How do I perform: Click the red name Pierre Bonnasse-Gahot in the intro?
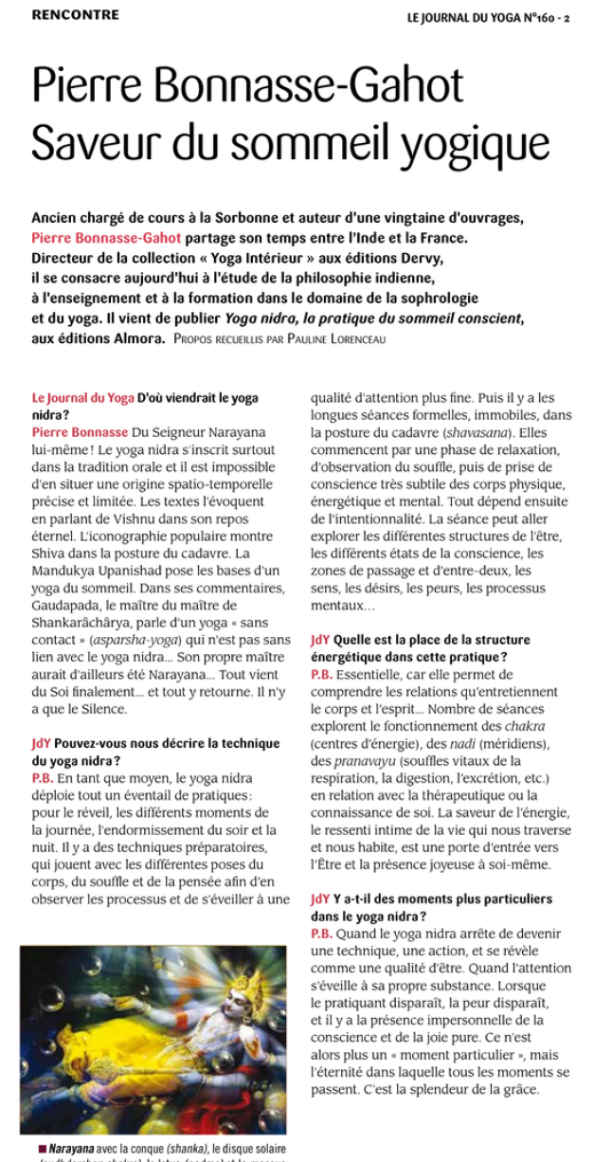[x=106, y=238]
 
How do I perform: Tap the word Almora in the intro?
[x=136, y=338]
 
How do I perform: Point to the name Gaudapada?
[x=64, y=605]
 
